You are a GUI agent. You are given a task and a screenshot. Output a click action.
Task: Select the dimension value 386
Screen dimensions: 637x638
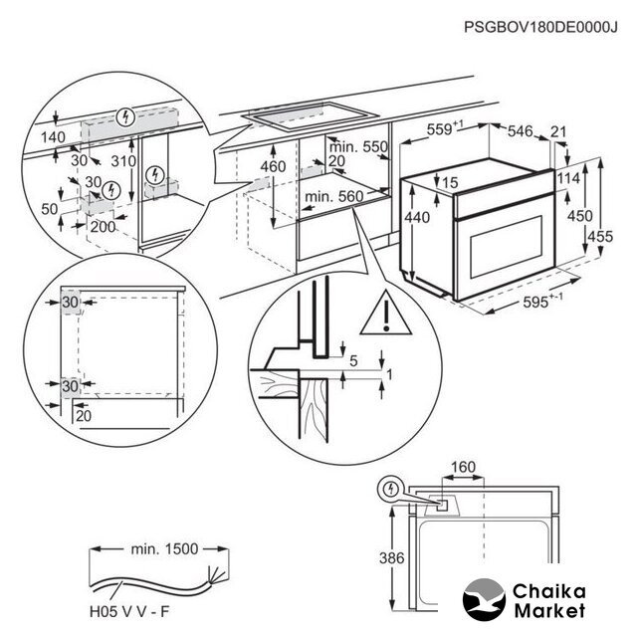coord(393,558)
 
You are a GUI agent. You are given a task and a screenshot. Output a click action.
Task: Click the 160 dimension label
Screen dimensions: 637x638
coord(462,466)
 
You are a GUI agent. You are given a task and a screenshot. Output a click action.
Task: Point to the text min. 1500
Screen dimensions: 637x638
coord(164,548)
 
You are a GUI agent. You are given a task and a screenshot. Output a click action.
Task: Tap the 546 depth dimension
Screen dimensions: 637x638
coord(524,129)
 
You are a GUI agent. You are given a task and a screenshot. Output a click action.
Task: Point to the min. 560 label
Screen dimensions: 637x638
coord(332,197)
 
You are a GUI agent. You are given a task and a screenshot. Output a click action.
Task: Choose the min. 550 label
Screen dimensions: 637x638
coord(359,147)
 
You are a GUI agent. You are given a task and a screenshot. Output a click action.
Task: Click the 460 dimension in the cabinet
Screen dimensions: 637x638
coord(273,165)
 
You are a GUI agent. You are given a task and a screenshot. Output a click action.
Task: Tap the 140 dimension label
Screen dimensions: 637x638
coord(52,137)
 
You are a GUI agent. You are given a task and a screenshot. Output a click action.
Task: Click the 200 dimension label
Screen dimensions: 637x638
coord(104,227)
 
